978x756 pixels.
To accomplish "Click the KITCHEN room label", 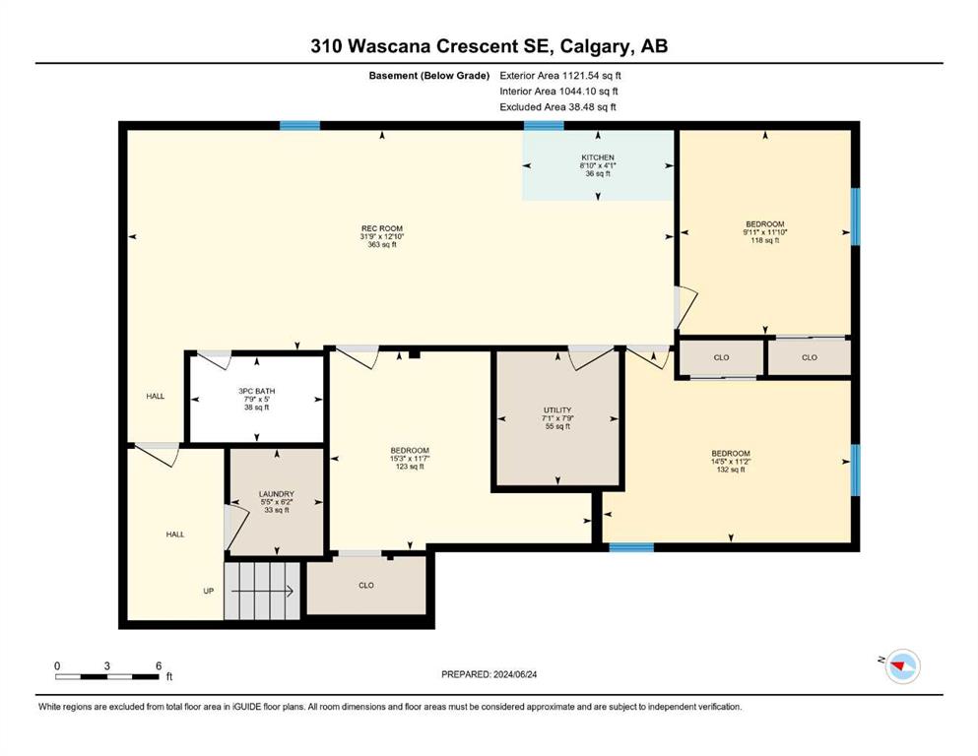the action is coord(598,157).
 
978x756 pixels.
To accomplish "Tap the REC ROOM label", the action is coord(382,228).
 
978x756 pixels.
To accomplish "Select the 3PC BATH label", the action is coord(256,392).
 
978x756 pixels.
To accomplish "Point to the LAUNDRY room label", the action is coord(277,494).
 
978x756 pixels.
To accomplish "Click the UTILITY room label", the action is coord(557,410).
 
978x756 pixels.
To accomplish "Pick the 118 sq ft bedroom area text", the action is coord(764,240).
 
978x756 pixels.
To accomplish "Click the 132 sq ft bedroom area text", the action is coord(731,470).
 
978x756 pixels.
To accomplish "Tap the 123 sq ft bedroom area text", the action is coord(409,467).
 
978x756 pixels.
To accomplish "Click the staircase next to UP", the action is coord(262,591).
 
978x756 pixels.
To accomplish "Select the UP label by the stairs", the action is coord(209,591).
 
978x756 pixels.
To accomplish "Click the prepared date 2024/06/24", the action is coord(514,674).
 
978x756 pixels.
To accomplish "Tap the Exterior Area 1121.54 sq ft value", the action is coord(560,76).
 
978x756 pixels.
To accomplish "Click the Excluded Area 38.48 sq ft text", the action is coord(557,106).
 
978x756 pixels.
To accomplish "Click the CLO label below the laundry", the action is coord(366,586).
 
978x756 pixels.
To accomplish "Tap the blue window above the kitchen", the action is coord(544,125).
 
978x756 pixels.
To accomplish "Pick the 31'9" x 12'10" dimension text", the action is coord(382,237).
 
